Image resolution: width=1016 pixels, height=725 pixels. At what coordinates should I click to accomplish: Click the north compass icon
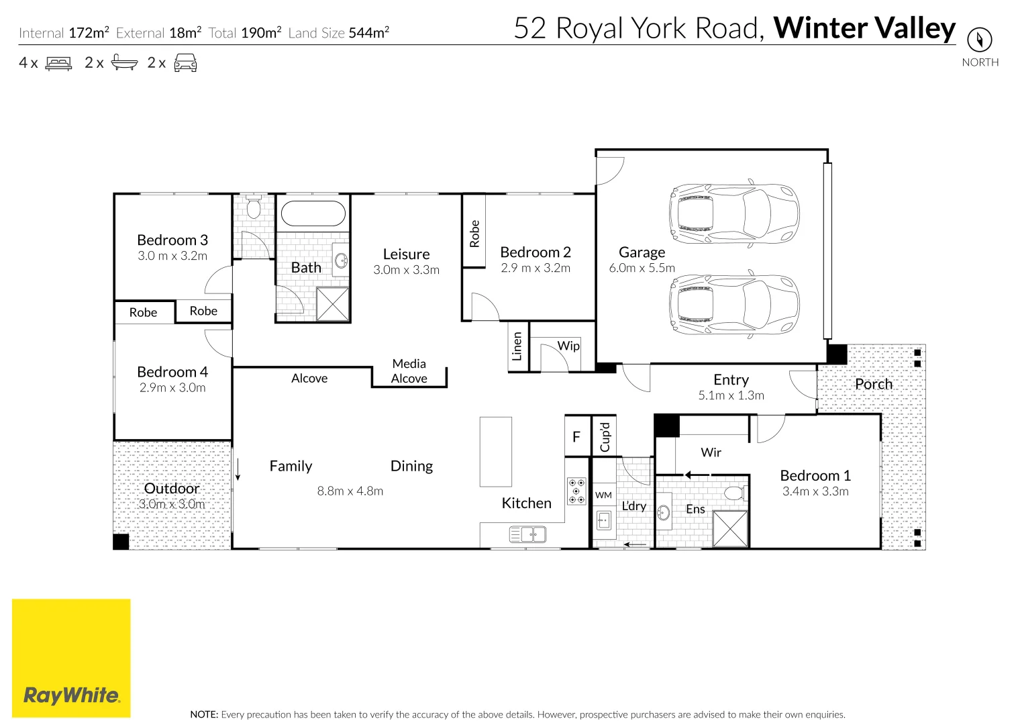click(979, 40)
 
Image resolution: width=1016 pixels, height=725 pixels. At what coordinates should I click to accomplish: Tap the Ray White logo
click(71, 658)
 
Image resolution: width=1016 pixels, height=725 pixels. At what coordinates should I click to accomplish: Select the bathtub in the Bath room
click(313, 213)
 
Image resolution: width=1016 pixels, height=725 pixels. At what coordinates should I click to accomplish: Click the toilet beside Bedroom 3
click(254, 207)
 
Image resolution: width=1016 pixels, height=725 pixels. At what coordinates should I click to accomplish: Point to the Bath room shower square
click(333, 304)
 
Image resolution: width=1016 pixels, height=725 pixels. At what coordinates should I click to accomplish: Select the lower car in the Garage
click(733, 304)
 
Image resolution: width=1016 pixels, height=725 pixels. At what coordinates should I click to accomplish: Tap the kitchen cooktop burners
click(576, 491)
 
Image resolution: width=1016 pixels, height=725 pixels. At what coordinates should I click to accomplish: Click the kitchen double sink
click(528, 534)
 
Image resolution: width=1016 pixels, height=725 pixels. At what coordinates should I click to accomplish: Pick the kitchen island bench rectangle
click(496, 452)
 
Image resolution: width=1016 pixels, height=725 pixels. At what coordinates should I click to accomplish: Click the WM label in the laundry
click(603, 495)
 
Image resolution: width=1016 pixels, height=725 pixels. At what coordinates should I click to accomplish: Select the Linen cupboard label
click(517, 346)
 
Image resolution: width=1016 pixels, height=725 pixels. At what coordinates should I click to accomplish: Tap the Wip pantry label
click(568, 346)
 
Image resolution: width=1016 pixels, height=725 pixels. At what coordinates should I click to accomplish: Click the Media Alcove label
click(409, 371)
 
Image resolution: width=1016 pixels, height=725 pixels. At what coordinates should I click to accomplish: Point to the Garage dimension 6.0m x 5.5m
click(642, 268)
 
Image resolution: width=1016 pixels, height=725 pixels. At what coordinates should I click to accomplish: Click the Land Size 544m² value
click(368, 33)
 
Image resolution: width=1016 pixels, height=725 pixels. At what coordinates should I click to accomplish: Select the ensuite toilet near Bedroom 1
click(735, 493)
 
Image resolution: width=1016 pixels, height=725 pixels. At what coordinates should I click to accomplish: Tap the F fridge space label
click(576, 437)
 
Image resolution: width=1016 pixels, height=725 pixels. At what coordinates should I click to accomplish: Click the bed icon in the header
click(58, 64)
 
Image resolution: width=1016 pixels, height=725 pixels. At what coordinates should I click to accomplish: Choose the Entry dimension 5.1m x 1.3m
click(731, 395)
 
